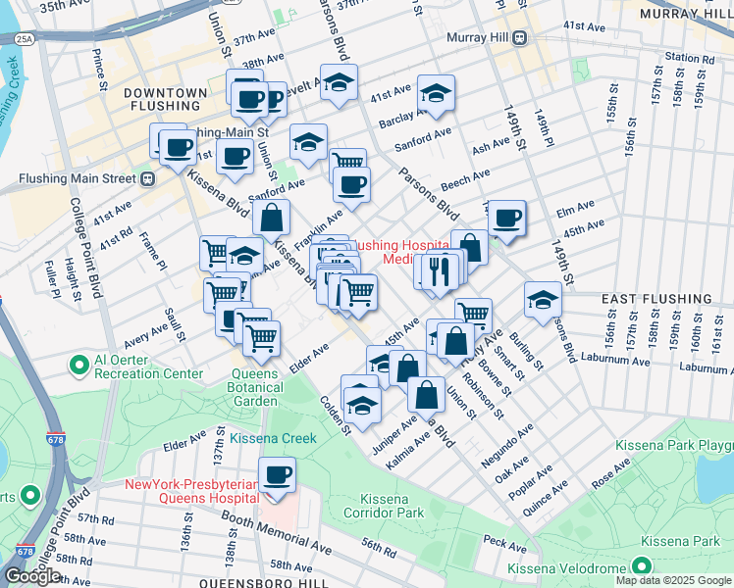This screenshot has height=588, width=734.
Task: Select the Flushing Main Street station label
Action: tap(79, 179)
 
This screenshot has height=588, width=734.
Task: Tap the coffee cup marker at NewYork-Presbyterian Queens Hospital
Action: tap(278, 475)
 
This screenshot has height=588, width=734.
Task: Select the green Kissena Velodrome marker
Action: tap(641, 565)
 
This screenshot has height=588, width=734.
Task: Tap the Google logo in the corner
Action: tap(32, 575)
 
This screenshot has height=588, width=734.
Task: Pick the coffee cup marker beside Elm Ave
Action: tap(506, 219)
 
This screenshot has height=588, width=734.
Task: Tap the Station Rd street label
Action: tap(688, 57)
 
